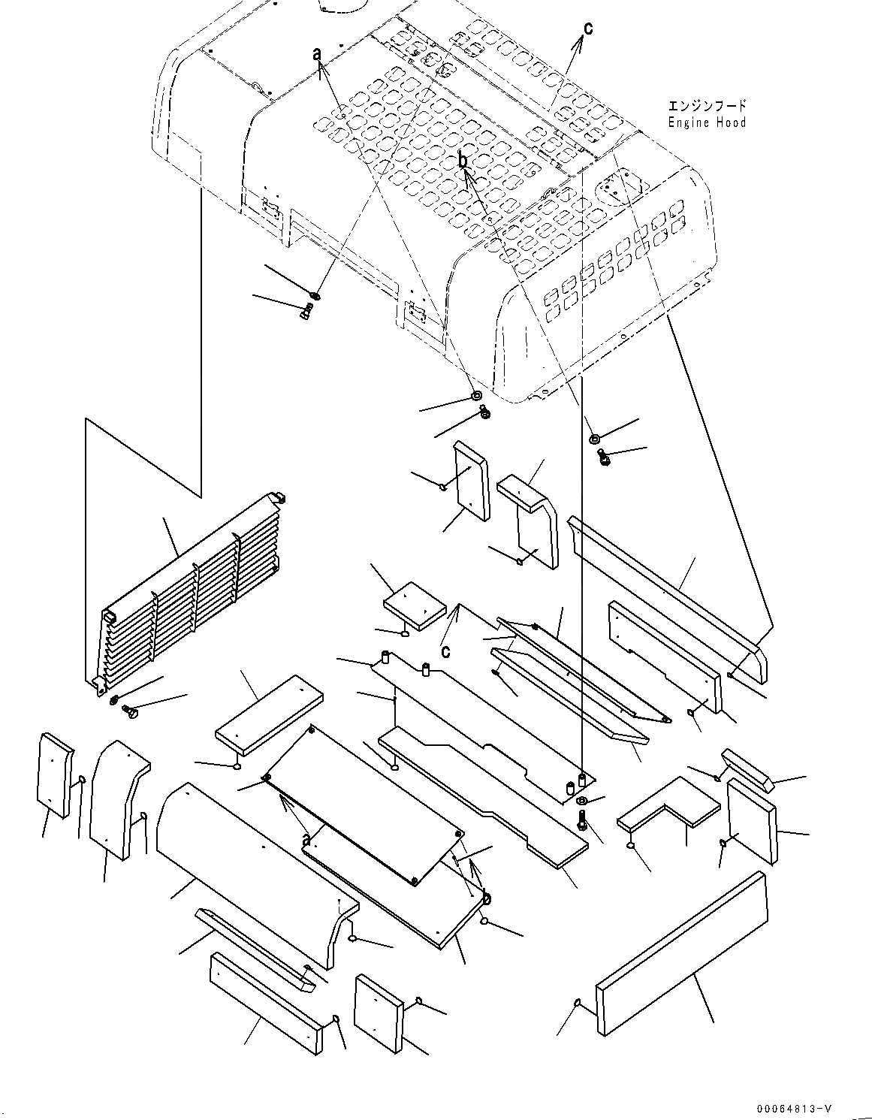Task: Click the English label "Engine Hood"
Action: click(707, 122)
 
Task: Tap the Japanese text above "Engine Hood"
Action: click(707, 106)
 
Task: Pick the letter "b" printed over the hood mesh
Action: click(463, 161)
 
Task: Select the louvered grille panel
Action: click(188, 593)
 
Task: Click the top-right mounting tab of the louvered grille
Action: click(280, 497)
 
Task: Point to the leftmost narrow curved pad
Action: click(55, 774)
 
